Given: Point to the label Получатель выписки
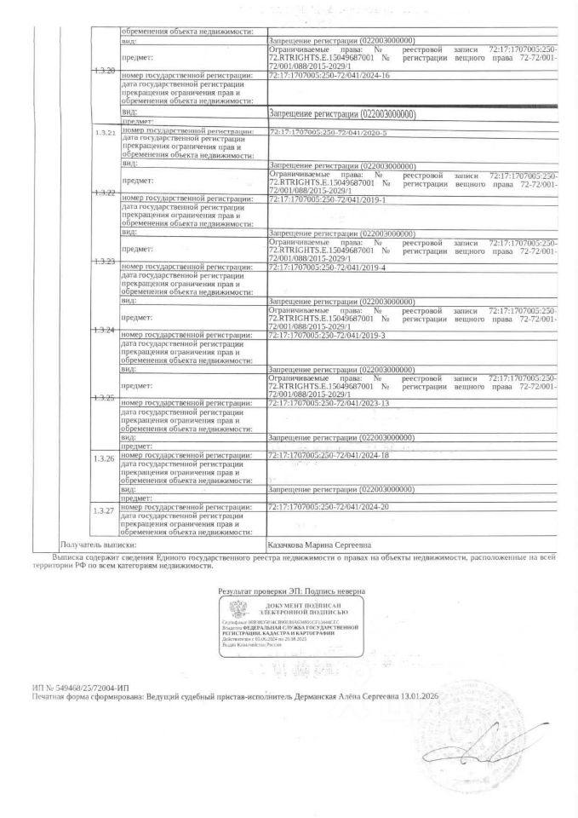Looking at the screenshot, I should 98,543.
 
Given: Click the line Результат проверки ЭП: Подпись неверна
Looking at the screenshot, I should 291,590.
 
